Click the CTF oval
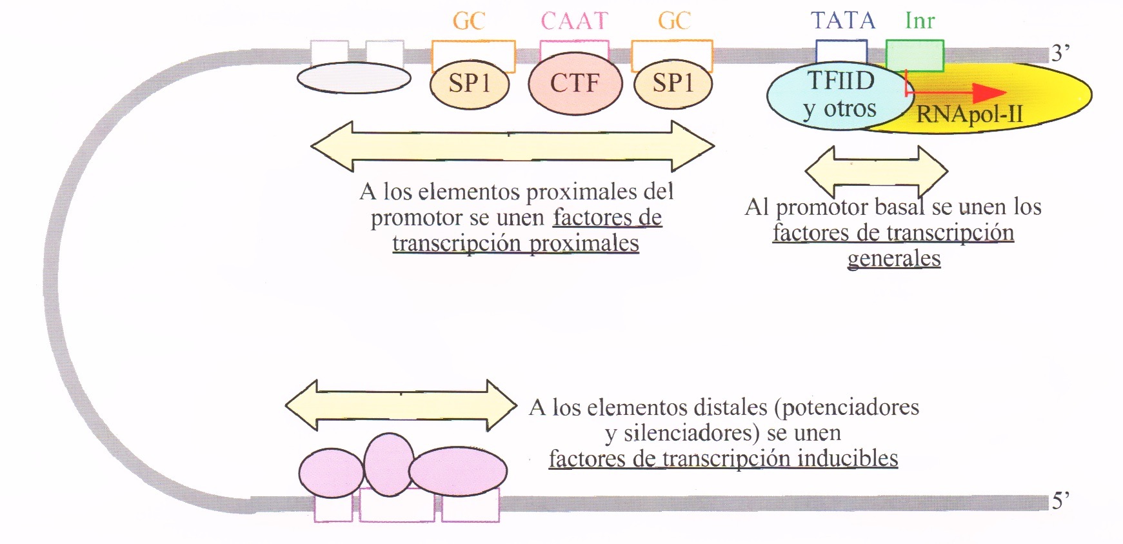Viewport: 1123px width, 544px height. tap(575, 83)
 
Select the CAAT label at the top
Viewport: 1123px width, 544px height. tap(574, 21)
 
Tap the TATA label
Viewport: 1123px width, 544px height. tap(842, 21)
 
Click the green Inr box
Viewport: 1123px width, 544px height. tap(915, 55)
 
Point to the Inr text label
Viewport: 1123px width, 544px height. tap(919, 21)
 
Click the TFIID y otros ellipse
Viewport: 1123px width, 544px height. tap(832, 96)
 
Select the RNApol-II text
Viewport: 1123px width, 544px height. tap(969, 115)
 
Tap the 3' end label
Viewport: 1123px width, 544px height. tap(1060, 53)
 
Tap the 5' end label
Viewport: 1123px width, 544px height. tap(1060, 501)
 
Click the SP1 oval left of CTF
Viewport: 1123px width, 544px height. tap(470, 84)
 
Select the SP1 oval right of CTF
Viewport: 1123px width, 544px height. tap(673, 84)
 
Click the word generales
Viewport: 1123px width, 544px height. tap(893, 258)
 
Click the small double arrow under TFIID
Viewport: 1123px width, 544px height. tap(876, 172)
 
